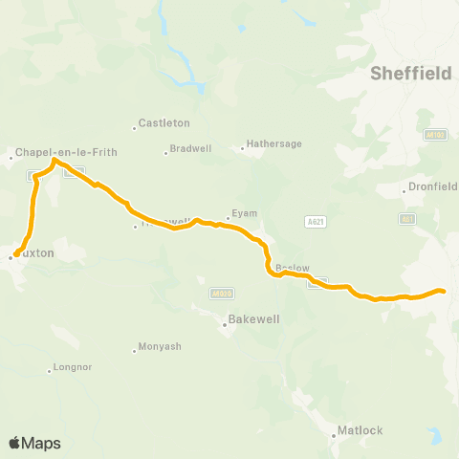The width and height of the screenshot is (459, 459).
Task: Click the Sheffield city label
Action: [410, 73]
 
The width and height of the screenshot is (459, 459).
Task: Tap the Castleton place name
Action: [164, 123]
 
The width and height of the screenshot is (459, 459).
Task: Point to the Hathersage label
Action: [274, 143]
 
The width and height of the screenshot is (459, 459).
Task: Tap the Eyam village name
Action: [244, 215]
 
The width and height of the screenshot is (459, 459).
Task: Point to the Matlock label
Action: [361, 430]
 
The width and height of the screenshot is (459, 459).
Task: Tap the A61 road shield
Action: [408, 219]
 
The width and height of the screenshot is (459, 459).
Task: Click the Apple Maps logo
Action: [34, 443]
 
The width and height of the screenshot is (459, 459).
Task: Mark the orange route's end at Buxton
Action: [14, 255]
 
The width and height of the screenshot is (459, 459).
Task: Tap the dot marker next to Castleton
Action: [135, 128]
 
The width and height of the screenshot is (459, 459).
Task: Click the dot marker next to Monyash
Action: [135, 351]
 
